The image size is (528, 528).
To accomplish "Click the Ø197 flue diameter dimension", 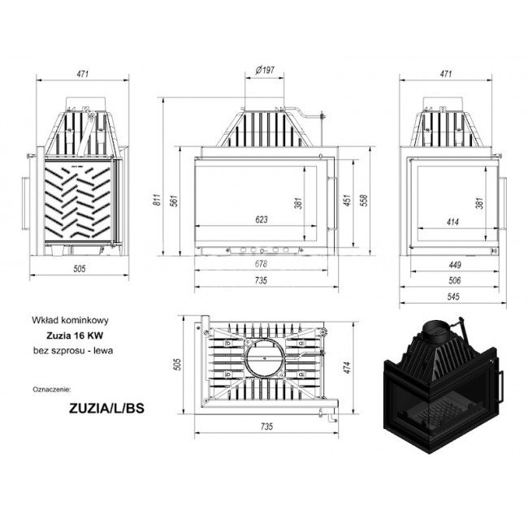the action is point(265,70).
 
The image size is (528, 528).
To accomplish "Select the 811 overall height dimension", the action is point(158,200).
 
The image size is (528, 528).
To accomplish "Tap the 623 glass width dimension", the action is point(262,219).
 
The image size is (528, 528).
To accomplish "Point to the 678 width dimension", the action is point(261,264).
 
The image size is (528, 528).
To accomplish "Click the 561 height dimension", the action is point(175,201).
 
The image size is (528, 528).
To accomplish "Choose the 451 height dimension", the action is point(347,200).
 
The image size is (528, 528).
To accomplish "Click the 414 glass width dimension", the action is point(452,222).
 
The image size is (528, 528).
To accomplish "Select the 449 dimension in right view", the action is point(455,265).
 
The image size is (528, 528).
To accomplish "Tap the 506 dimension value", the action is point(455,280).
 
